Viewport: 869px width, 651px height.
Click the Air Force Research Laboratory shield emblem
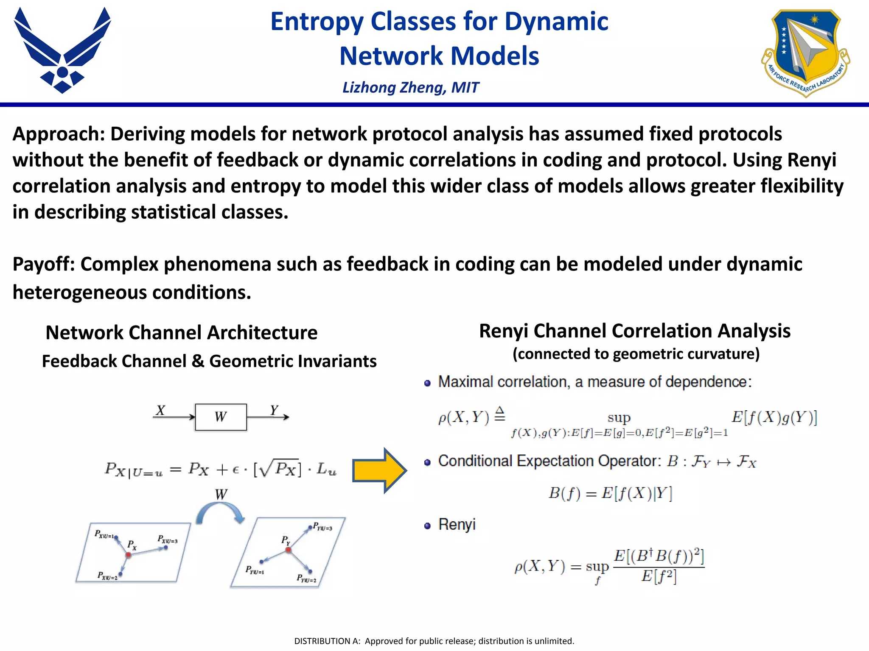point(805,52)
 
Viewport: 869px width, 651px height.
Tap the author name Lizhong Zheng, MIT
point(410,87)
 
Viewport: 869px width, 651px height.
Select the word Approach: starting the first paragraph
point(59,134)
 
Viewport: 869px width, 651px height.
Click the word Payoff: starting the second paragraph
point(44,264)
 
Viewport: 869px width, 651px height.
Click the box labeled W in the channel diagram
point(221,417)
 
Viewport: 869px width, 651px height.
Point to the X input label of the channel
point(160,410)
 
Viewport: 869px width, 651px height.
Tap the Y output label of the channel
point(274,410)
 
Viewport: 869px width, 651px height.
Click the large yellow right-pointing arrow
point(379,470)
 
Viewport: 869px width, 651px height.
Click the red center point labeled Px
point(128,554)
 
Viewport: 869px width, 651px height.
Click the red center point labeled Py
point(288,550)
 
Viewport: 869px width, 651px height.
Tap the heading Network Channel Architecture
point(181,332)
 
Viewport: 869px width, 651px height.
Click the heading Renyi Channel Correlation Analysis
point(634,331)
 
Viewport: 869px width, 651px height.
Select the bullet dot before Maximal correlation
point(427,383)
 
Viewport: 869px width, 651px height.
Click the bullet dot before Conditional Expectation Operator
point(427,462)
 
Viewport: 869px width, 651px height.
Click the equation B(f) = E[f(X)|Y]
point(610,493)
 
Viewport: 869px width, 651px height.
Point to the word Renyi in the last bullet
point(457,525)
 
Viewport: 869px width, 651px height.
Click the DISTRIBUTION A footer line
point(434,641)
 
